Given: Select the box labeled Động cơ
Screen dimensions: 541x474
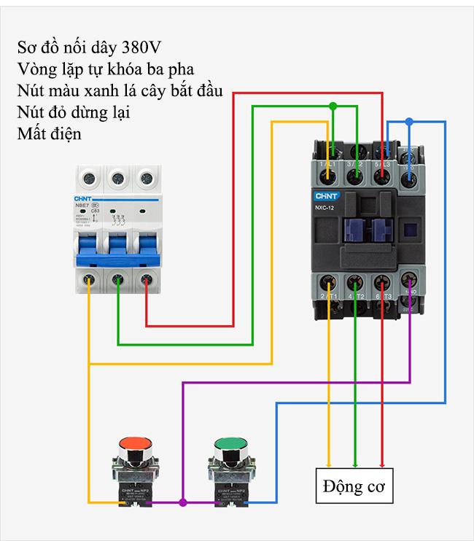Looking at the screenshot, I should pyautogui.click(x=354, y=486).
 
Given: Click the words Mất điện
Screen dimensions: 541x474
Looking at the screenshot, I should pyautogui.click(x=48, y=134).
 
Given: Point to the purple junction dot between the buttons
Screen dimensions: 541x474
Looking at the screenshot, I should pyautogui.click(x=182, y=502).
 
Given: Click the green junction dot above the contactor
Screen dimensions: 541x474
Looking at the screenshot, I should pyautogui.click(x=333, y=106).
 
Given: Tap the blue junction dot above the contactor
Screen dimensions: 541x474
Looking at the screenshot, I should pyautogui.click(x=409, y=122).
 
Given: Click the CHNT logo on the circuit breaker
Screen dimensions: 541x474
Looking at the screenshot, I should pyautogui.click(x=86, y=198).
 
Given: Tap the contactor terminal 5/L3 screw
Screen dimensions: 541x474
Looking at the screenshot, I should pyautogui.click(x=383, y=153).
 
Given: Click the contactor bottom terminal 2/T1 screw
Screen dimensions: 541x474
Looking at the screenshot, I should pyautogui.click(x=329, y=281).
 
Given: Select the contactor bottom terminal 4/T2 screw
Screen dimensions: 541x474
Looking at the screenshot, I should pyautogui.click(x=355, y=281).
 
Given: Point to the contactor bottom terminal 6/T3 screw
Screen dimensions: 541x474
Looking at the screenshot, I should pyautogui.click(x=382, y=281).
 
